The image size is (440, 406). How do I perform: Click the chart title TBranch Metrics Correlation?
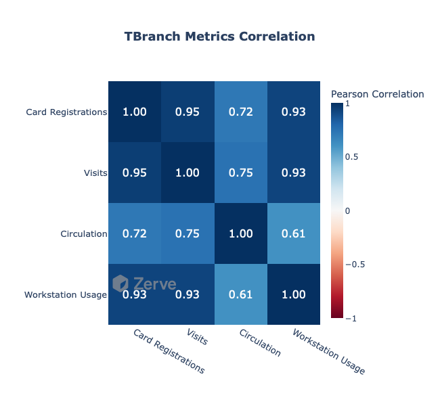coord(219,37)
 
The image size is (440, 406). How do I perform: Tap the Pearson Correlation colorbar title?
coord(377,94)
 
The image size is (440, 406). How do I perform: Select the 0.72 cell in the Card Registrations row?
coord(240,112)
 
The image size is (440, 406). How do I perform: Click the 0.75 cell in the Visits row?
coord(240,173)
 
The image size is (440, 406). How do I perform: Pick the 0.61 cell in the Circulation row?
coord(293,233)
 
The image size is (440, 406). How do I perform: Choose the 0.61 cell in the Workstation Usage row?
coord(240,294)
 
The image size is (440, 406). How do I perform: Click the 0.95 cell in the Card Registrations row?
coord(188,112)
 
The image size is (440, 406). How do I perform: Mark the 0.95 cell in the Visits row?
coord(134,173)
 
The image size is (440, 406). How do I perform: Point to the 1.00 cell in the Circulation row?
coord(240,233)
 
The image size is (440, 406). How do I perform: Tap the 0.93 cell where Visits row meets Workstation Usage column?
coord(293,173)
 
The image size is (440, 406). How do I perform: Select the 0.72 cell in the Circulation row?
coord(134,233)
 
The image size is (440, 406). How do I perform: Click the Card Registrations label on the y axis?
coord(66,112)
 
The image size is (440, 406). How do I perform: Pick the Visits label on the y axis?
coord(95,173)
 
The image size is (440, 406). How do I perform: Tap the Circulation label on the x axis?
coord(259,342)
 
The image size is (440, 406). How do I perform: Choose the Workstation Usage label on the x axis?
coord(329,352)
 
